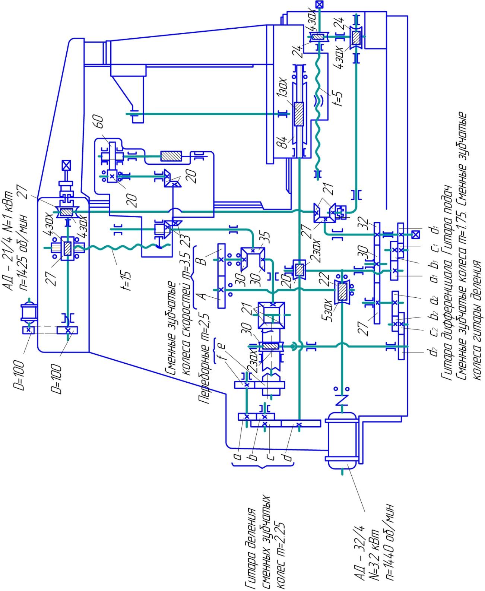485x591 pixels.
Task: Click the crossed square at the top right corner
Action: pyautogui.click(x=319, y=4)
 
